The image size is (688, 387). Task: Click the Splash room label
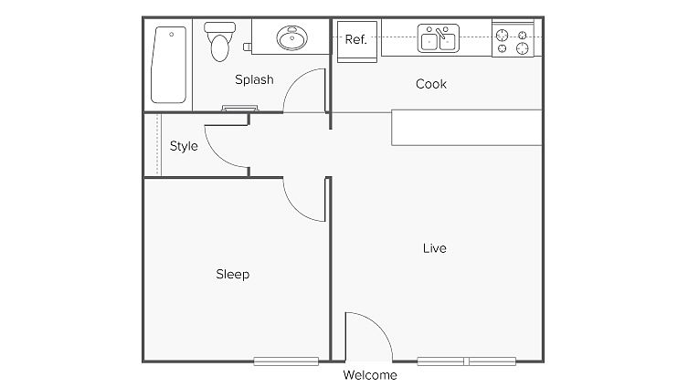tap(254, 79)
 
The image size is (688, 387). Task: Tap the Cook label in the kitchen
tap(431, 84)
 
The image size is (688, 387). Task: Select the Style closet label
tap(184, 146)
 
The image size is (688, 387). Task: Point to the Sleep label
tap(232, 274)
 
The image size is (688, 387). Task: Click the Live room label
tap(435, 248)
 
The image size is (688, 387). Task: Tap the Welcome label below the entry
tap(370, 375)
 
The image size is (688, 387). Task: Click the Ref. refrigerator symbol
tap(355, 41)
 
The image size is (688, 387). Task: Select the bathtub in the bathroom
tap(171, 64)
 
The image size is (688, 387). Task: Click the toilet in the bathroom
tap(219, 46)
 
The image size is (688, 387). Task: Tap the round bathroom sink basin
tap(293, 39)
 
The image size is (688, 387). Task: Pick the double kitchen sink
tap(438, 39)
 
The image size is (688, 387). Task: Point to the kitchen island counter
tap(467, 127)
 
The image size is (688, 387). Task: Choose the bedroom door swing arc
tap(304, 199)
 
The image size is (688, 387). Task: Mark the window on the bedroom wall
tap(285, 361)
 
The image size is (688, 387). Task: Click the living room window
tap(467, 361)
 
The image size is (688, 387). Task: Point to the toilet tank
tap(219, 29)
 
